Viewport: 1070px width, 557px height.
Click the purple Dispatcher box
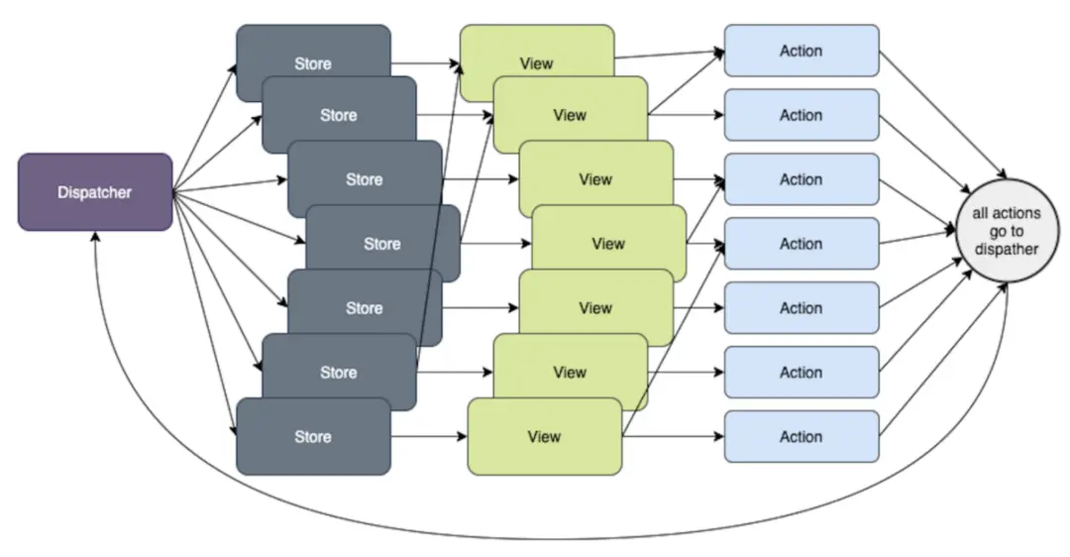(95, 192)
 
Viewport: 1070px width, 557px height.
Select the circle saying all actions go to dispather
(1006, 231)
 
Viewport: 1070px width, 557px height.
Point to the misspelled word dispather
(1006, 250)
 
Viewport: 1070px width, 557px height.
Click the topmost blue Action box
(801, 51)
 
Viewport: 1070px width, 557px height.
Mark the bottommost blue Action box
(801, 436)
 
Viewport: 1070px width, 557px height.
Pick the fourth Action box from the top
(801, 244)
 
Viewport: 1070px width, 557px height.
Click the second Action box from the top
(801, 115)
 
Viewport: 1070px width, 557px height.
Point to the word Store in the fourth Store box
(382, 244)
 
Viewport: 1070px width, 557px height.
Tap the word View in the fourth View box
(608, 244)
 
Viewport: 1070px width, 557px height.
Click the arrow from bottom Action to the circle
(936, 358)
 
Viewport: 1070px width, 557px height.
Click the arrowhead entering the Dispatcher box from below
(94, 237)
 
